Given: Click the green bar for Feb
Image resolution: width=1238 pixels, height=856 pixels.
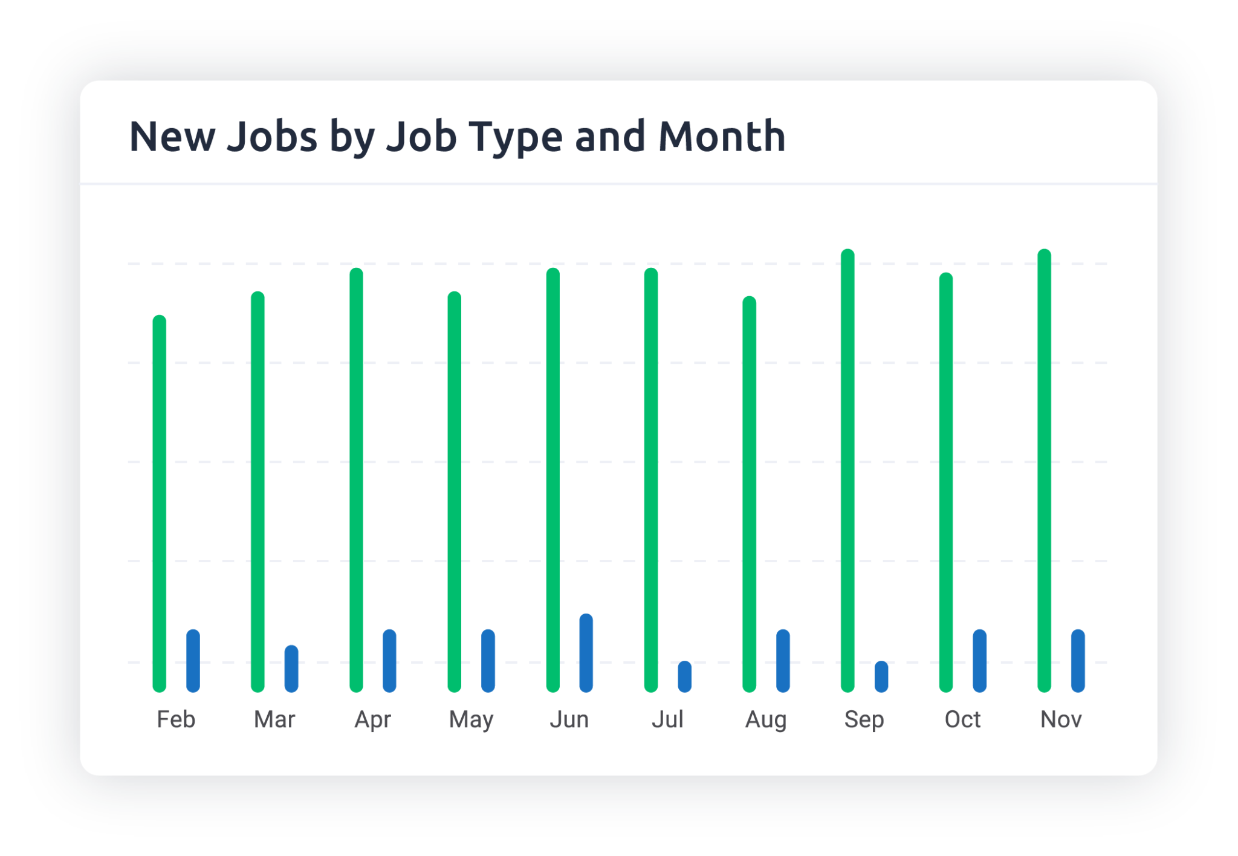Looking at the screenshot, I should pyautogui.click(x=160, y=504).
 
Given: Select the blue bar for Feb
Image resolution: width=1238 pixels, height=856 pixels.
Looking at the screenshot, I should pyautogui.click(x=193, y=661).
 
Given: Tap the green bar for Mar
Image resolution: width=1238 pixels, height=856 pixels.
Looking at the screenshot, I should pyautogui.click(x=258, y=491).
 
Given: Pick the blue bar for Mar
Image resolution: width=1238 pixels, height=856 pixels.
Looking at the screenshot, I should pyautogui.click(x=291, y=669).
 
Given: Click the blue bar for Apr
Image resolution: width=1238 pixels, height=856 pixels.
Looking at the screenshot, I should pyautogui.click(x=390, y=661).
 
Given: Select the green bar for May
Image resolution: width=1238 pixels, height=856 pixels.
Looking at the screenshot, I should pyautogui.click(x=455, y=491).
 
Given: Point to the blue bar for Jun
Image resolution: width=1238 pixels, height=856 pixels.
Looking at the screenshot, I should pyautogui.click(x=586, y=653).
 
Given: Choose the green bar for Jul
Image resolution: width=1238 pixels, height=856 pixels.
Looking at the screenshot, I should pyautogui.click(x=651, y=480).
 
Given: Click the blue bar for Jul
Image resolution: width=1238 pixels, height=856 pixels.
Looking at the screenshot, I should pyautogui.click(x=685, y=676).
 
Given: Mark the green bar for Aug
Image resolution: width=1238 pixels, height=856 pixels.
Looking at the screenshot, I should pyautogui.click(x=750, y=494).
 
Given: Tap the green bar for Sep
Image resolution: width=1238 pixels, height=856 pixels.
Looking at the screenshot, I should pyautogui.click(x=847, y=470).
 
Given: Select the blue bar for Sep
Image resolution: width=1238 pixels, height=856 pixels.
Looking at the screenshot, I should pyautogui.click(x=881, y=676).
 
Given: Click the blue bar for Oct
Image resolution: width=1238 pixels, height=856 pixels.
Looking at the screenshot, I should pyautogui.click(x=980, y=661).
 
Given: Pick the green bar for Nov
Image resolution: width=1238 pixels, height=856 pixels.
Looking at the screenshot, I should pyautogui.click(x=1045, y=470).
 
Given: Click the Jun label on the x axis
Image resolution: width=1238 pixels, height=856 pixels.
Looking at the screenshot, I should pyautogui.click(x=569, y=719).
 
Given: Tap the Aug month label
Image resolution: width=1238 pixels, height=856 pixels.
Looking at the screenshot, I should pyautogui.click(x=766, y=720).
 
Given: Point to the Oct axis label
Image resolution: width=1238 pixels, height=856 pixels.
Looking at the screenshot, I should pyautogui.click(x=962, y=719).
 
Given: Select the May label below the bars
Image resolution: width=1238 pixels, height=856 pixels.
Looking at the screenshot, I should pyautogui.click(x=471, y=720).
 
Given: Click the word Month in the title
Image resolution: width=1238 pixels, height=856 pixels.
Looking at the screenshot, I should pyautogui.click(x=722, y=136).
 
